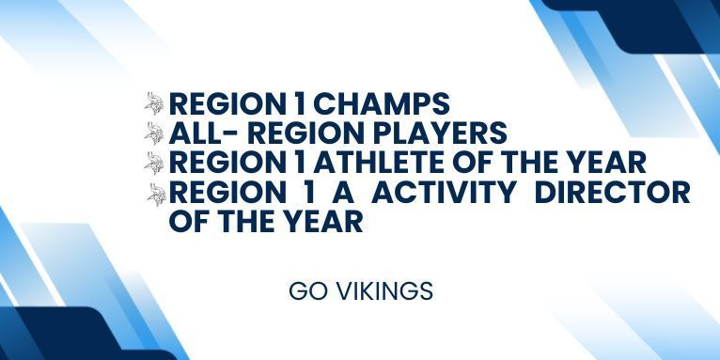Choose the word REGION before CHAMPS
(228, 102)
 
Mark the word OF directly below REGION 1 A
(187, 223)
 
